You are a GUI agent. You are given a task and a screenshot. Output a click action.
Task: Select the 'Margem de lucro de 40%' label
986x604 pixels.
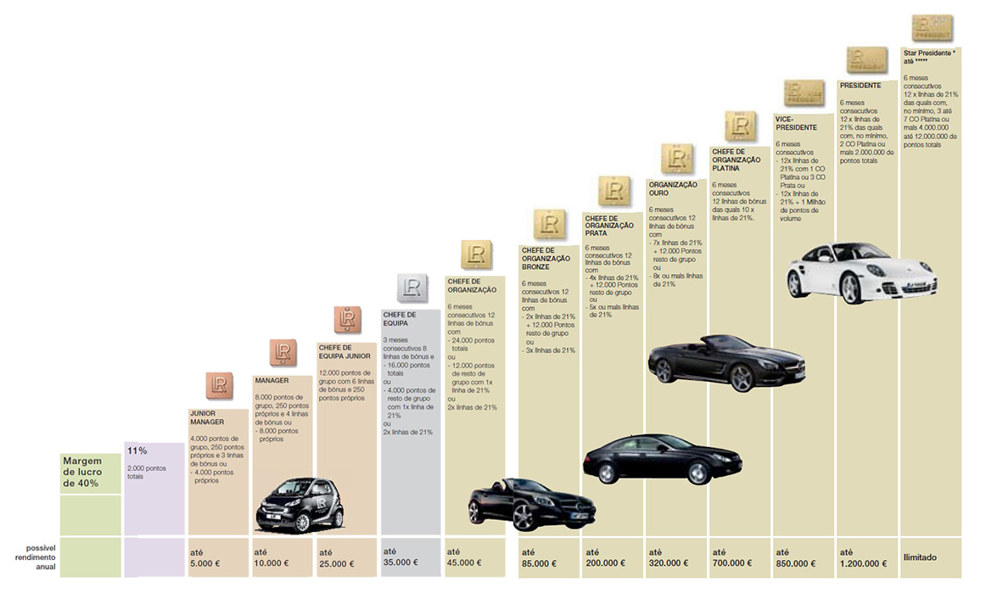(81, 472)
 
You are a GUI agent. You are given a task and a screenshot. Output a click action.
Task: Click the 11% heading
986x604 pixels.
(137, 450)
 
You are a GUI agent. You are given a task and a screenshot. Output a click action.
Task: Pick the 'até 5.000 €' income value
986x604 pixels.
(206, 556)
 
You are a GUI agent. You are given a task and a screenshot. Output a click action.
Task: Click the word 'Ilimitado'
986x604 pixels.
(920, 557)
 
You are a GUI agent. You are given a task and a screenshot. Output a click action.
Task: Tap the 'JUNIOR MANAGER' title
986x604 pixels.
(207, 417)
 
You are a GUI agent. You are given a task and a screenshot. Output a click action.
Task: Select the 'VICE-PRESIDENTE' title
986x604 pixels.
(796, 123)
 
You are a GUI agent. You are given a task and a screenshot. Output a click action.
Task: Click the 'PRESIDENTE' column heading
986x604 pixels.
(860, 86)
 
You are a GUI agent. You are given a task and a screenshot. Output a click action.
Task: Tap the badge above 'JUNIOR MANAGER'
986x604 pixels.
(219, 384)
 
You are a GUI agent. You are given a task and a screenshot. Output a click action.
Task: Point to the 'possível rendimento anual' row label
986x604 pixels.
(36, 556)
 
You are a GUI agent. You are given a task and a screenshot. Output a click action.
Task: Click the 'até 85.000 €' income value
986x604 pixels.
(539, 556)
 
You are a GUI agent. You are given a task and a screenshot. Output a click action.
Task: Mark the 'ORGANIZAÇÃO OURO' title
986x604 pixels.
(672, 188)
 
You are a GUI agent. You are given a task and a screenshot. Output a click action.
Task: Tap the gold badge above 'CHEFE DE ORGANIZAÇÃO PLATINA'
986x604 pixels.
(740, 126)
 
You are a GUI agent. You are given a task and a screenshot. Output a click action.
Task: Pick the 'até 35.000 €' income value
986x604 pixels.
(400, 556)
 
